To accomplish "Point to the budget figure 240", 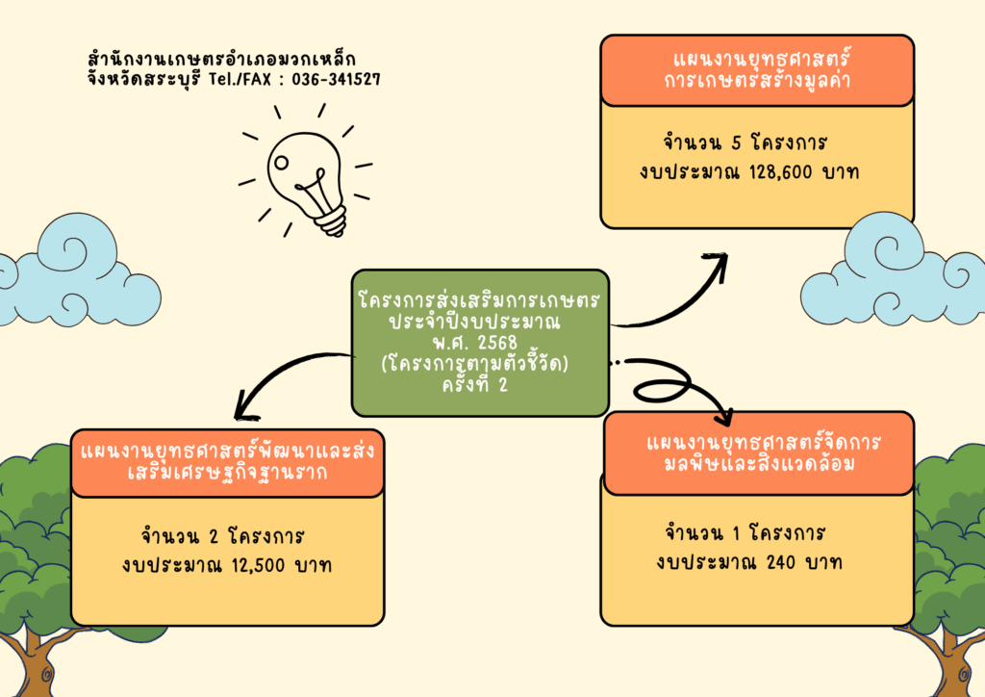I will click(x=787, y=562).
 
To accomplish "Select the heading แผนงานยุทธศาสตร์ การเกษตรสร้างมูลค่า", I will click(x=757, y=70).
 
